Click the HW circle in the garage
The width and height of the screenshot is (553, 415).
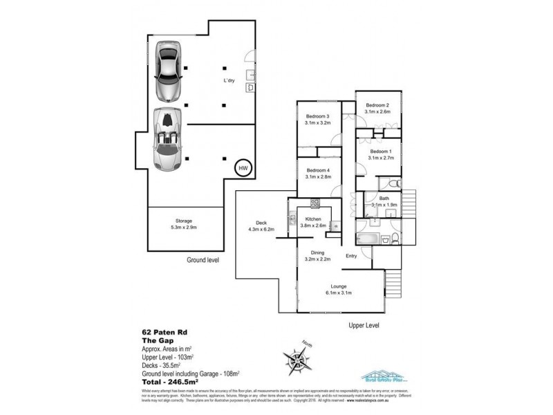point(243,167)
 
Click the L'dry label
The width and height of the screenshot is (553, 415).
point(230,81)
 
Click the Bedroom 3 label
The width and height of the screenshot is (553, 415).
point(318,116)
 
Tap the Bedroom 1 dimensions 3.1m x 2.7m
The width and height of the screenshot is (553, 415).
point(381,158)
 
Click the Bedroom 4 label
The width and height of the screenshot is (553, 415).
point(318,170)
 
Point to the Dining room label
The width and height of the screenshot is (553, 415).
point(318,253)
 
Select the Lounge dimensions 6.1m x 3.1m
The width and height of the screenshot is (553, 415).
point(338,293)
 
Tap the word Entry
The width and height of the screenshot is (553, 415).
point(351,257)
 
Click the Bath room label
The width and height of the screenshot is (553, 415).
point(384,198)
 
